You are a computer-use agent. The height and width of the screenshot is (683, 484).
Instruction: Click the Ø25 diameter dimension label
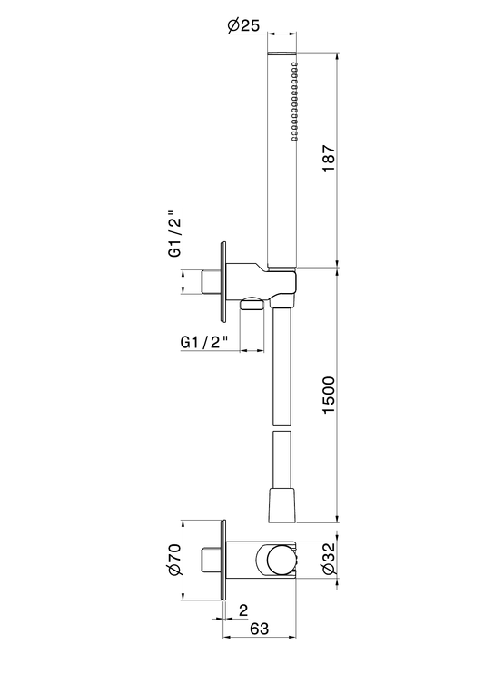tap(243, 25)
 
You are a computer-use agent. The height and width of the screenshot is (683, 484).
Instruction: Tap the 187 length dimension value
tap(330, 158)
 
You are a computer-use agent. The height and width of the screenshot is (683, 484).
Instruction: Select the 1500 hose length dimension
tap(329, 395)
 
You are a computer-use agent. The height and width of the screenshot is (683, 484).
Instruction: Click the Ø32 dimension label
tap(330, 558)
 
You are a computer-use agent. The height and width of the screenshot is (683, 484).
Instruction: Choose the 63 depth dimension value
tap(260, 629)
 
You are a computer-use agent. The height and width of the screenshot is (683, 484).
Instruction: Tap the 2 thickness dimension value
tap(243, 610)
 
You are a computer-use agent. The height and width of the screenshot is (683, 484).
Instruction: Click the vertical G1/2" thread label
tap(175, 234)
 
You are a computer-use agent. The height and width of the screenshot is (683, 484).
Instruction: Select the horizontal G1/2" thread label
tap(205, 342)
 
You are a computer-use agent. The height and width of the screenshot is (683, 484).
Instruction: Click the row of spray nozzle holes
tap(294, 102)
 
